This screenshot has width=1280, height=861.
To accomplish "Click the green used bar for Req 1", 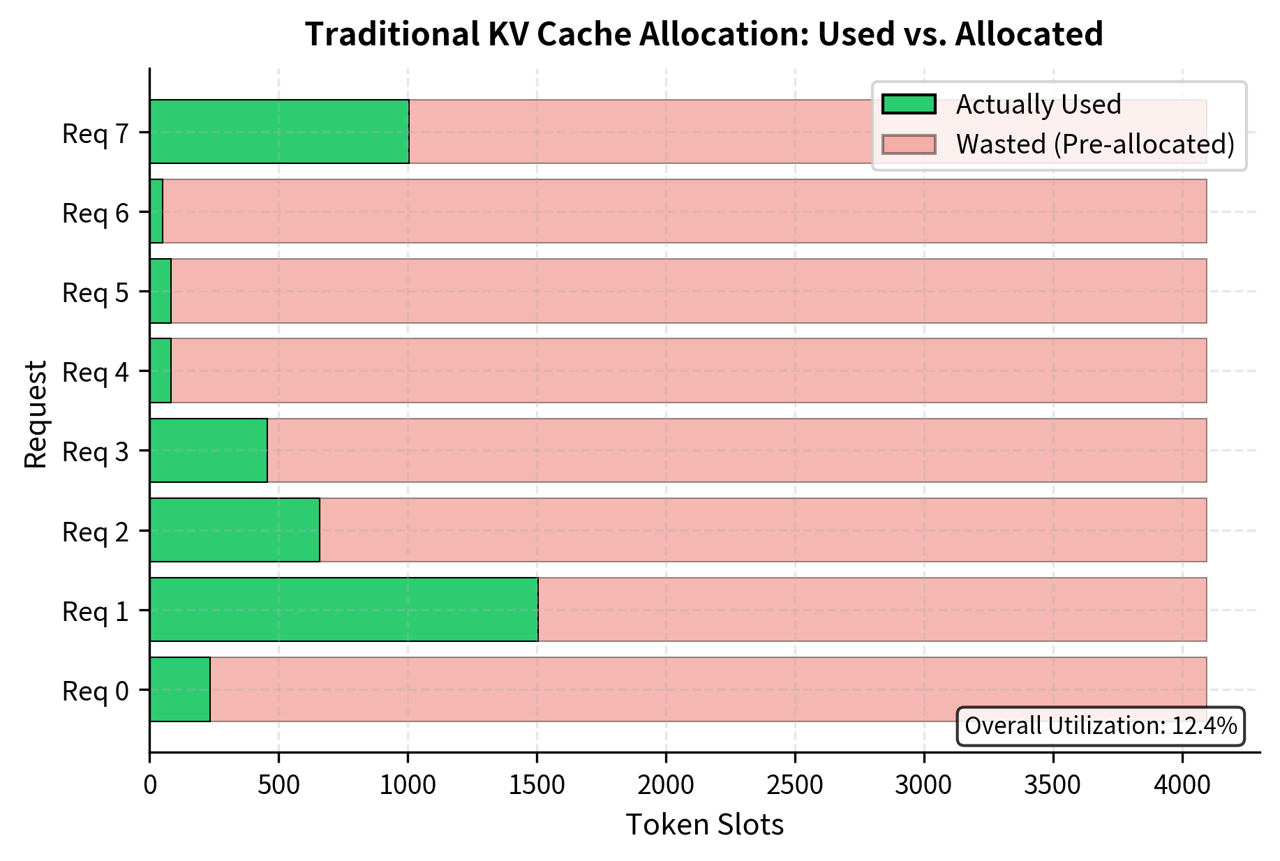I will coord(343,609).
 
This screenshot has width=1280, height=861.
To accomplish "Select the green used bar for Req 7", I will coord(279,131).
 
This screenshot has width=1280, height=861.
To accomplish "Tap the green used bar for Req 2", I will coord(235,530).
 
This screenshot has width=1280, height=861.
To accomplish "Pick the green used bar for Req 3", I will coord(209,450).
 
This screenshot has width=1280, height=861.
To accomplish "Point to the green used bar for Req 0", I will coord(180,689).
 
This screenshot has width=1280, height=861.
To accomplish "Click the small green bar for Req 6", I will coord(156,211).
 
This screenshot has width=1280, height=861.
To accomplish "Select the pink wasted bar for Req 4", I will coord(688,370).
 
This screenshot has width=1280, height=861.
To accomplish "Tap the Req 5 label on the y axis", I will coord(96,292).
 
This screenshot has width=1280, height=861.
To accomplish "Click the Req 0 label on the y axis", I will coord(96,691).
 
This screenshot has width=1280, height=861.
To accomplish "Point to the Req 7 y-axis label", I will coord(96,133).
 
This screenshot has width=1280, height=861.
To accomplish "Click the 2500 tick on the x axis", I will coord(794,785).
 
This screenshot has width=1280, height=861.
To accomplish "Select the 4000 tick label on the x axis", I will coord(1182,785).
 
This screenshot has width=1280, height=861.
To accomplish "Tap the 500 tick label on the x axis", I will coord(278,785).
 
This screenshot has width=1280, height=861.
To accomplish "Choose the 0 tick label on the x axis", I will coord(149,785).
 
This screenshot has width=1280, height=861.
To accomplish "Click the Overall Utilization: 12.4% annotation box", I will coord(1100,726).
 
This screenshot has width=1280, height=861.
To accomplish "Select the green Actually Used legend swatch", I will coord(908,104).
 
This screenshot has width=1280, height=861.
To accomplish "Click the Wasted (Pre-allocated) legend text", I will coord(1094,144).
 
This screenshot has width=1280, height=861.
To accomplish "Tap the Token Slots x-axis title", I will coord(704,825).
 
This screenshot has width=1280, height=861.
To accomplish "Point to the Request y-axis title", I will coord(35,414).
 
